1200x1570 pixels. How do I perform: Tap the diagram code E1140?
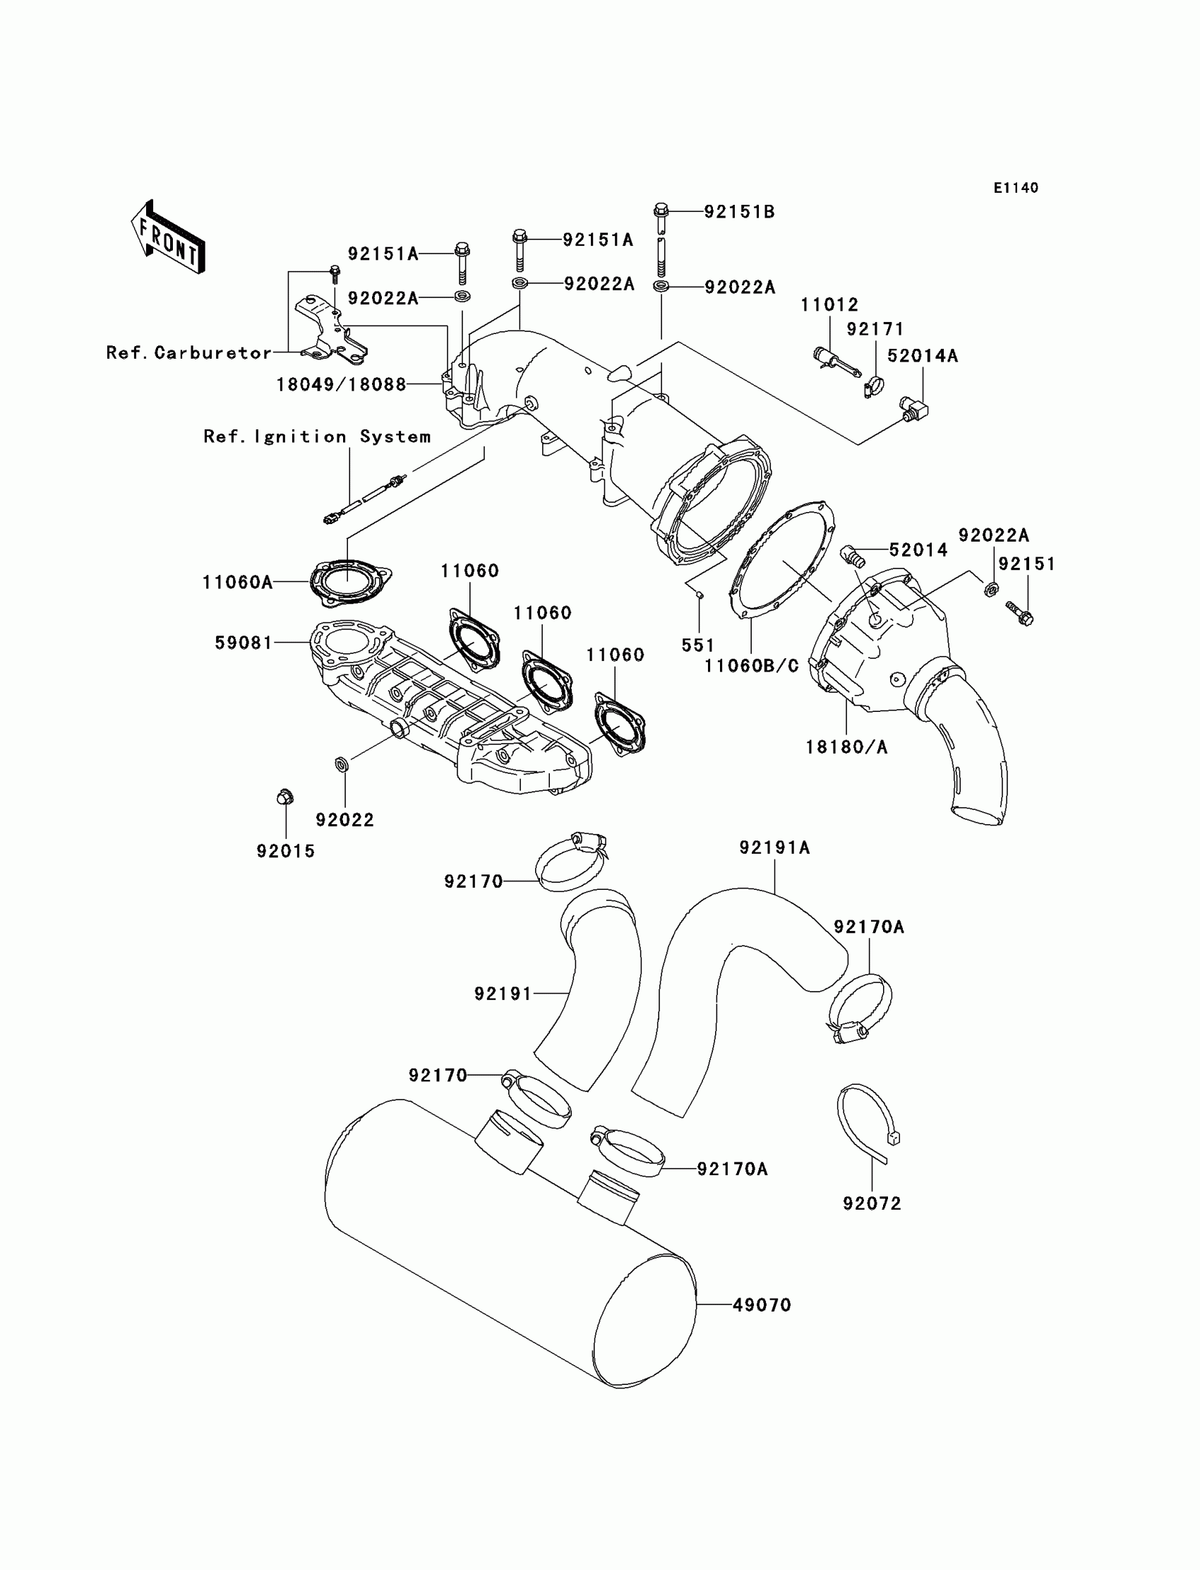[1016, 188]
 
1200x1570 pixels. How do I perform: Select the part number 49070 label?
[762, 1306]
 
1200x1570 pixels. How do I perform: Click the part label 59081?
[244, 643]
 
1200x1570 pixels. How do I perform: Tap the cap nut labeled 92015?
[284, 797]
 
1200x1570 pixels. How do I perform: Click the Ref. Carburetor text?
[189, 353]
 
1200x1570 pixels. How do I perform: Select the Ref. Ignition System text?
[317, 436]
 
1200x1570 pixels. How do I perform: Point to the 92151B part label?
[739, 213]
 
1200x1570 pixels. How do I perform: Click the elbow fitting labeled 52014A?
[913, 409]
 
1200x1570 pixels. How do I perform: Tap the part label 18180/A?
[846, 747]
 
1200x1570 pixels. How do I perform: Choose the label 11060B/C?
[752, 666]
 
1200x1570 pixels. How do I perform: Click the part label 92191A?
[774, 848]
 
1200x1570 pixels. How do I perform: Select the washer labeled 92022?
[342, 765]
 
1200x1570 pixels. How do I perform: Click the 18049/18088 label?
[341, 385]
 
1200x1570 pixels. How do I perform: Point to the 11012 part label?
[829, 305]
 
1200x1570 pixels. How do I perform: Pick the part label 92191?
[503, 993]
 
